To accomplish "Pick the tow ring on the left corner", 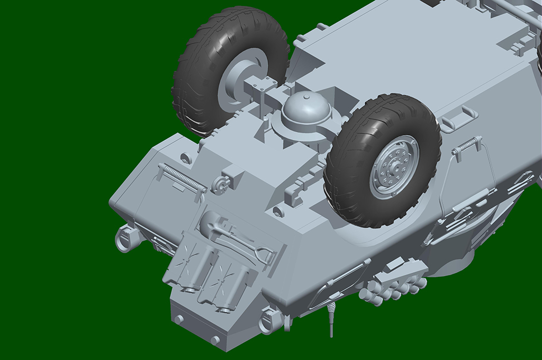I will [x=125, y=238].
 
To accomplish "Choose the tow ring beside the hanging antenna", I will [x=270, y=321].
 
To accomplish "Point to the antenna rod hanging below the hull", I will [x=332, y=320].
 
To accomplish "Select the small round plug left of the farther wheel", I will [x=186, y=157].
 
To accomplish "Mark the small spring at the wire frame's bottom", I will [x=427, y=237].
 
